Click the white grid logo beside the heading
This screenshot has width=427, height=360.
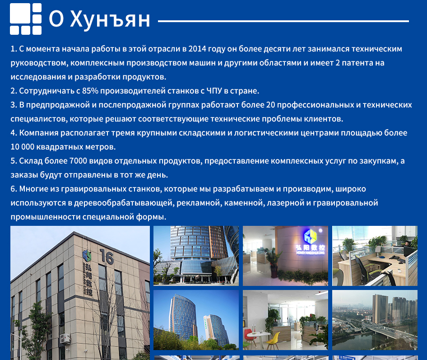tap(26, 19)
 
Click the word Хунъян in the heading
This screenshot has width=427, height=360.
tap(110, 19)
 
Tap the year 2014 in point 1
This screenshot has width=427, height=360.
tap(197, 49)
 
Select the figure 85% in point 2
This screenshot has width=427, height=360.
tap(90, 91)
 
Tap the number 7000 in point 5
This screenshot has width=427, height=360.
tap(78, 161)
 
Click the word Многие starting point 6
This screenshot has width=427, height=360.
tap(34, 189)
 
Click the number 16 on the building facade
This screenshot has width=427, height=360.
tap(107, 257)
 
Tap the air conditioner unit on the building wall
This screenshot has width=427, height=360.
tap(65, 338)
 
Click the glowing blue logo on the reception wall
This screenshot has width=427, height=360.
tap(311, 236)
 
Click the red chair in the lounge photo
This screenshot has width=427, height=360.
tap(249, 335)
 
